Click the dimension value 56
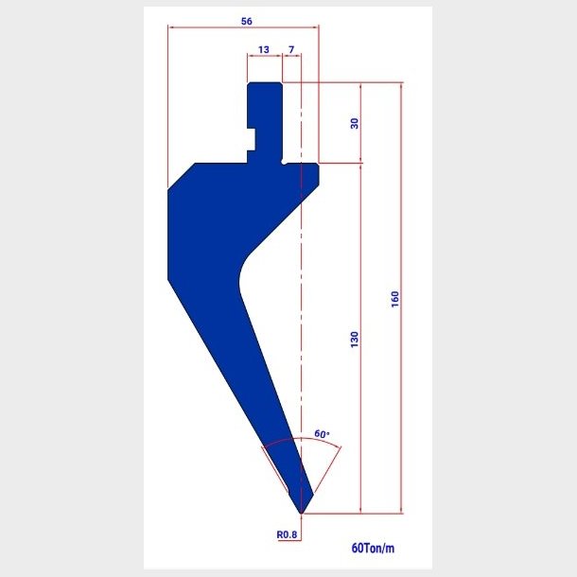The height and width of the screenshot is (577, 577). pos(247,22)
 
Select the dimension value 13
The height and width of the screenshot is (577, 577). pos(264,49)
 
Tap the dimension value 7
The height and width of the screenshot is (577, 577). pos(291,49)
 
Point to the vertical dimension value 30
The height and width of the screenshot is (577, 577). pos(355,123)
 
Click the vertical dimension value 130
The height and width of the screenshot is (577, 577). pos(355,340)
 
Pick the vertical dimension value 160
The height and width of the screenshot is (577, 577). pos(394,299)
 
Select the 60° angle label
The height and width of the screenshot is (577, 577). pos(322,434)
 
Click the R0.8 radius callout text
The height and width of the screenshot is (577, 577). pos(287,534)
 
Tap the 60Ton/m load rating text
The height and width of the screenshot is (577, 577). pos(373,548)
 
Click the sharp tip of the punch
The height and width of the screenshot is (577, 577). pos(301,513)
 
